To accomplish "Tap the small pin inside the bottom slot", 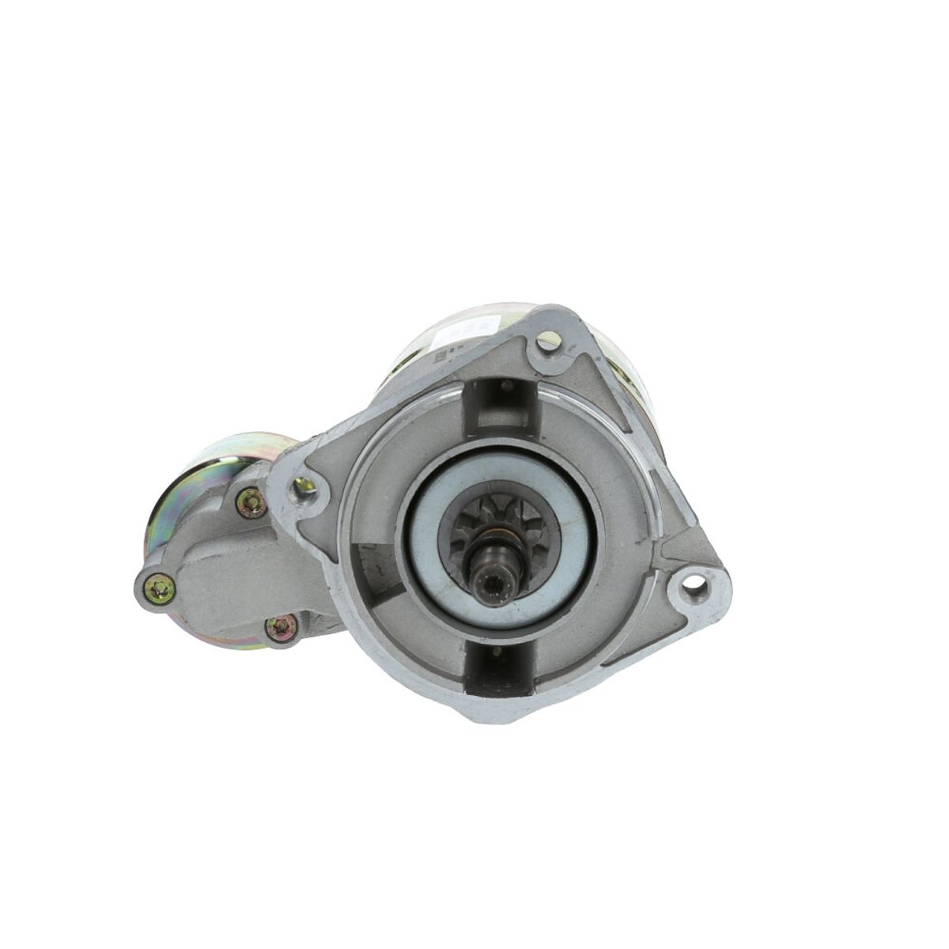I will click(x=496, y=652).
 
